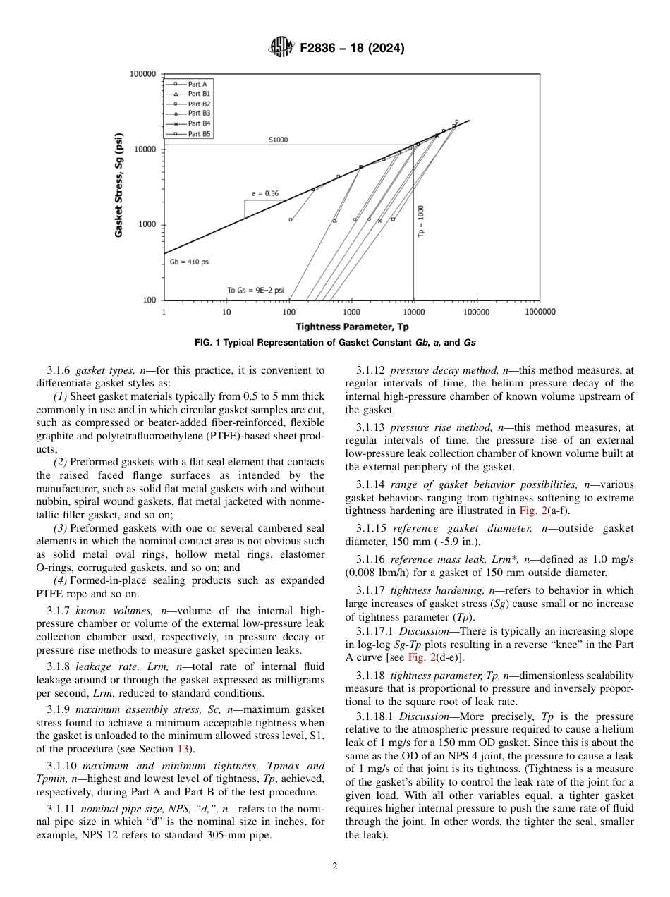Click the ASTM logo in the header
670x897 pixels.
281,48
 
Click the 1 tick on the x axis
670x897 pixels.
164,311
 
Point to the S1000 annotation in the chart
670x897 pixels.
278,140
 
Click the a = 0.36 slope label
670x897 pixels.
265,193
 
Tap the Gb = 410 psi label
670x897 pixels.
189,262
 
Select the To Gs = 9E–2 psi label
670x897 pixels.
255,290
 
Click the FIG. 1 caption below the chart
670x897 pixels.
335,343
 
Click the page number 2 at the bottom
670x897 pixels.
335,867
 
